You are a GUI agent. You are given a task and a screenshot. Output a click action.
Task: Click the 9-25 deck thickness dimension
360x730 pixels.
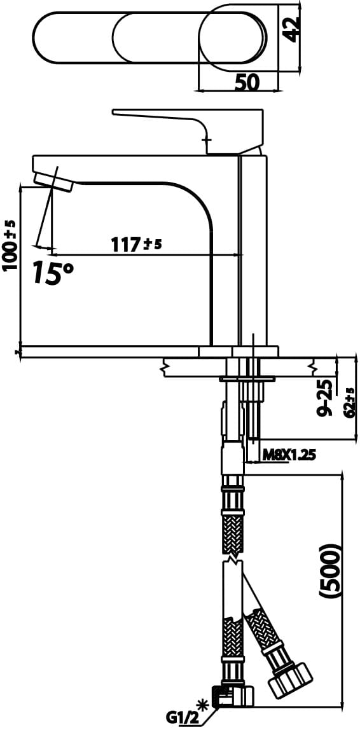(326, 398)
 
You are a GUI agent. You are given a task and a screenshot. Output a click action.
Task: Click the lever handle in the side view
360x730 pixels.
(191, 121)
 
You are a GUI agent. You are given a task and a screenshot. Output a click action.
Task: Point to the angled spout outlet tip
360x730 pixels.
(53, 181)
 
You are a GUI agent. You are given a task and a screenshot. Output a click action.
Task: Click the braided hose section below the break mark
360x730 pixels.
(233, 642)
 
